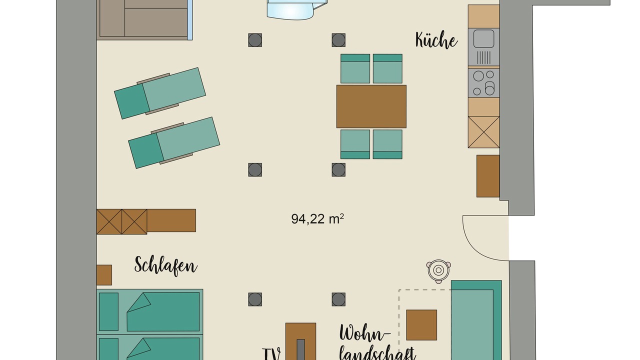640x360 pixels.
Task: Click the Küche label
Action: pyautogui.click(x=436, y=40)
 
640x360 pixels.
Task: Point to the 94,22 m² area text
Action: pyautogui.click(x=317, y=219)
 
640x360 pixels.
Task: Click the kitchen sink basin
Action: pyautogui.click(x=483, y=39)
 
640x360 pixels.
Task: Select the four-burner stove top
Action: pyautogui.click(x=483, y=83)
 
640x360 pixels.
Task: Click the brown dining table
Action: pyautogui.click(x=371, y=106)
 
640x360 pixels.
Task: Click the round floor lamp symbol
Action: pyautogui.click(x=438, y=270)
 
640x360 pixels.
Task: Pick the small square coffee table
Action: pyautogui.click(x=421, y=325)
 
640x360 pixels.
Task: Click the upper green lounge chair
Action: pyautogui.click(x=160, y=93)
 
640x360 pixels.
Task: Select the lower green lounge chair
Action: pyautogui.click(x=174, y=142)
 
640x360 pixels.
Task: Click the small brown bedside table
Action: pyautogui.click(x=104, y=275)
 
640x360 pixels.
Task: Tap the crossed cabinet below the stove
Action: pyautogui.click(x=483, y=132)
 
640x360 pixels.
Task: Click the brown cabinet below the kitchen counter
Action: pyautogui.click(x=488, y=176)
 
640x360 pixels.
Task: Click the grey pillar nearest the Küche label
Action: pyautogui.click(x=338, y=40)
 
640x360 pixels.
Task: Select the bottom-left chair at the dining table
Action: pyautogui.click(x=355, y=144)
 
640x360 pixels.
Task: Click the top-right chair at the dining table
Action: pyautogui.click(x=387, y=68)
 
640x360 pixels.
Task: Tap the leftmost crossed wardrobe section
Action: pyautogui.click(x=109, y=221)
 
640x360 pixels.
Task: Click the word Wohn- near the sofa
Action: pyautogui.click(x=365, y=333)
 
